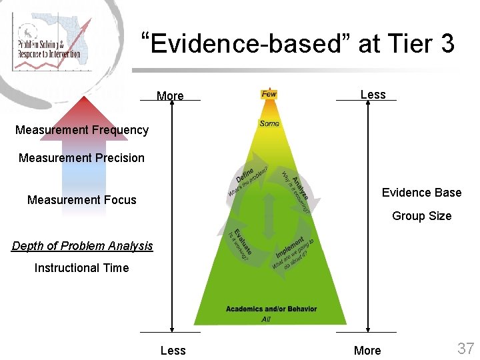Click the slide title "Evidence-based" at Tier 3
tap(302, 44)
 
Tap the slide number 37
tap(465, 348)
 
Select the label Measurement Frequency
tap(82, 130)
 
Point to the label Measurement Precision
tap(81, 158)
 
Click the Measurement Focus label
tap(82, 200)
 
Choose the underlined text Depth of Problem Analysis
tap(82, 246)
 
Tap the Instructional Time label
tap(81, 268)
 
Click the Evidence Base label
tap(421, 193)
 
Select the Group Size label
tap(421, 216)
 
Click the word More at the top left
tap(170, 96)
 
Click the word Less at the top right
tap(373, 95)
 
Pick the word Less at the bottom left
tap(173, 351)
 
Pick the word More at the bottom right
tap(367, 351)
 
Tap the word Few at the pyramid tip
tap(269, 95)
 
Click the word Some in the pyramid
tap(269, 123)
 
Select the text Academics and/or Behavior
tap(271, 309)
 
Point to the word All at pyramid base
tap(267, 319)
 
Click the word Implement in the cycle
tap(289, 247)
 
